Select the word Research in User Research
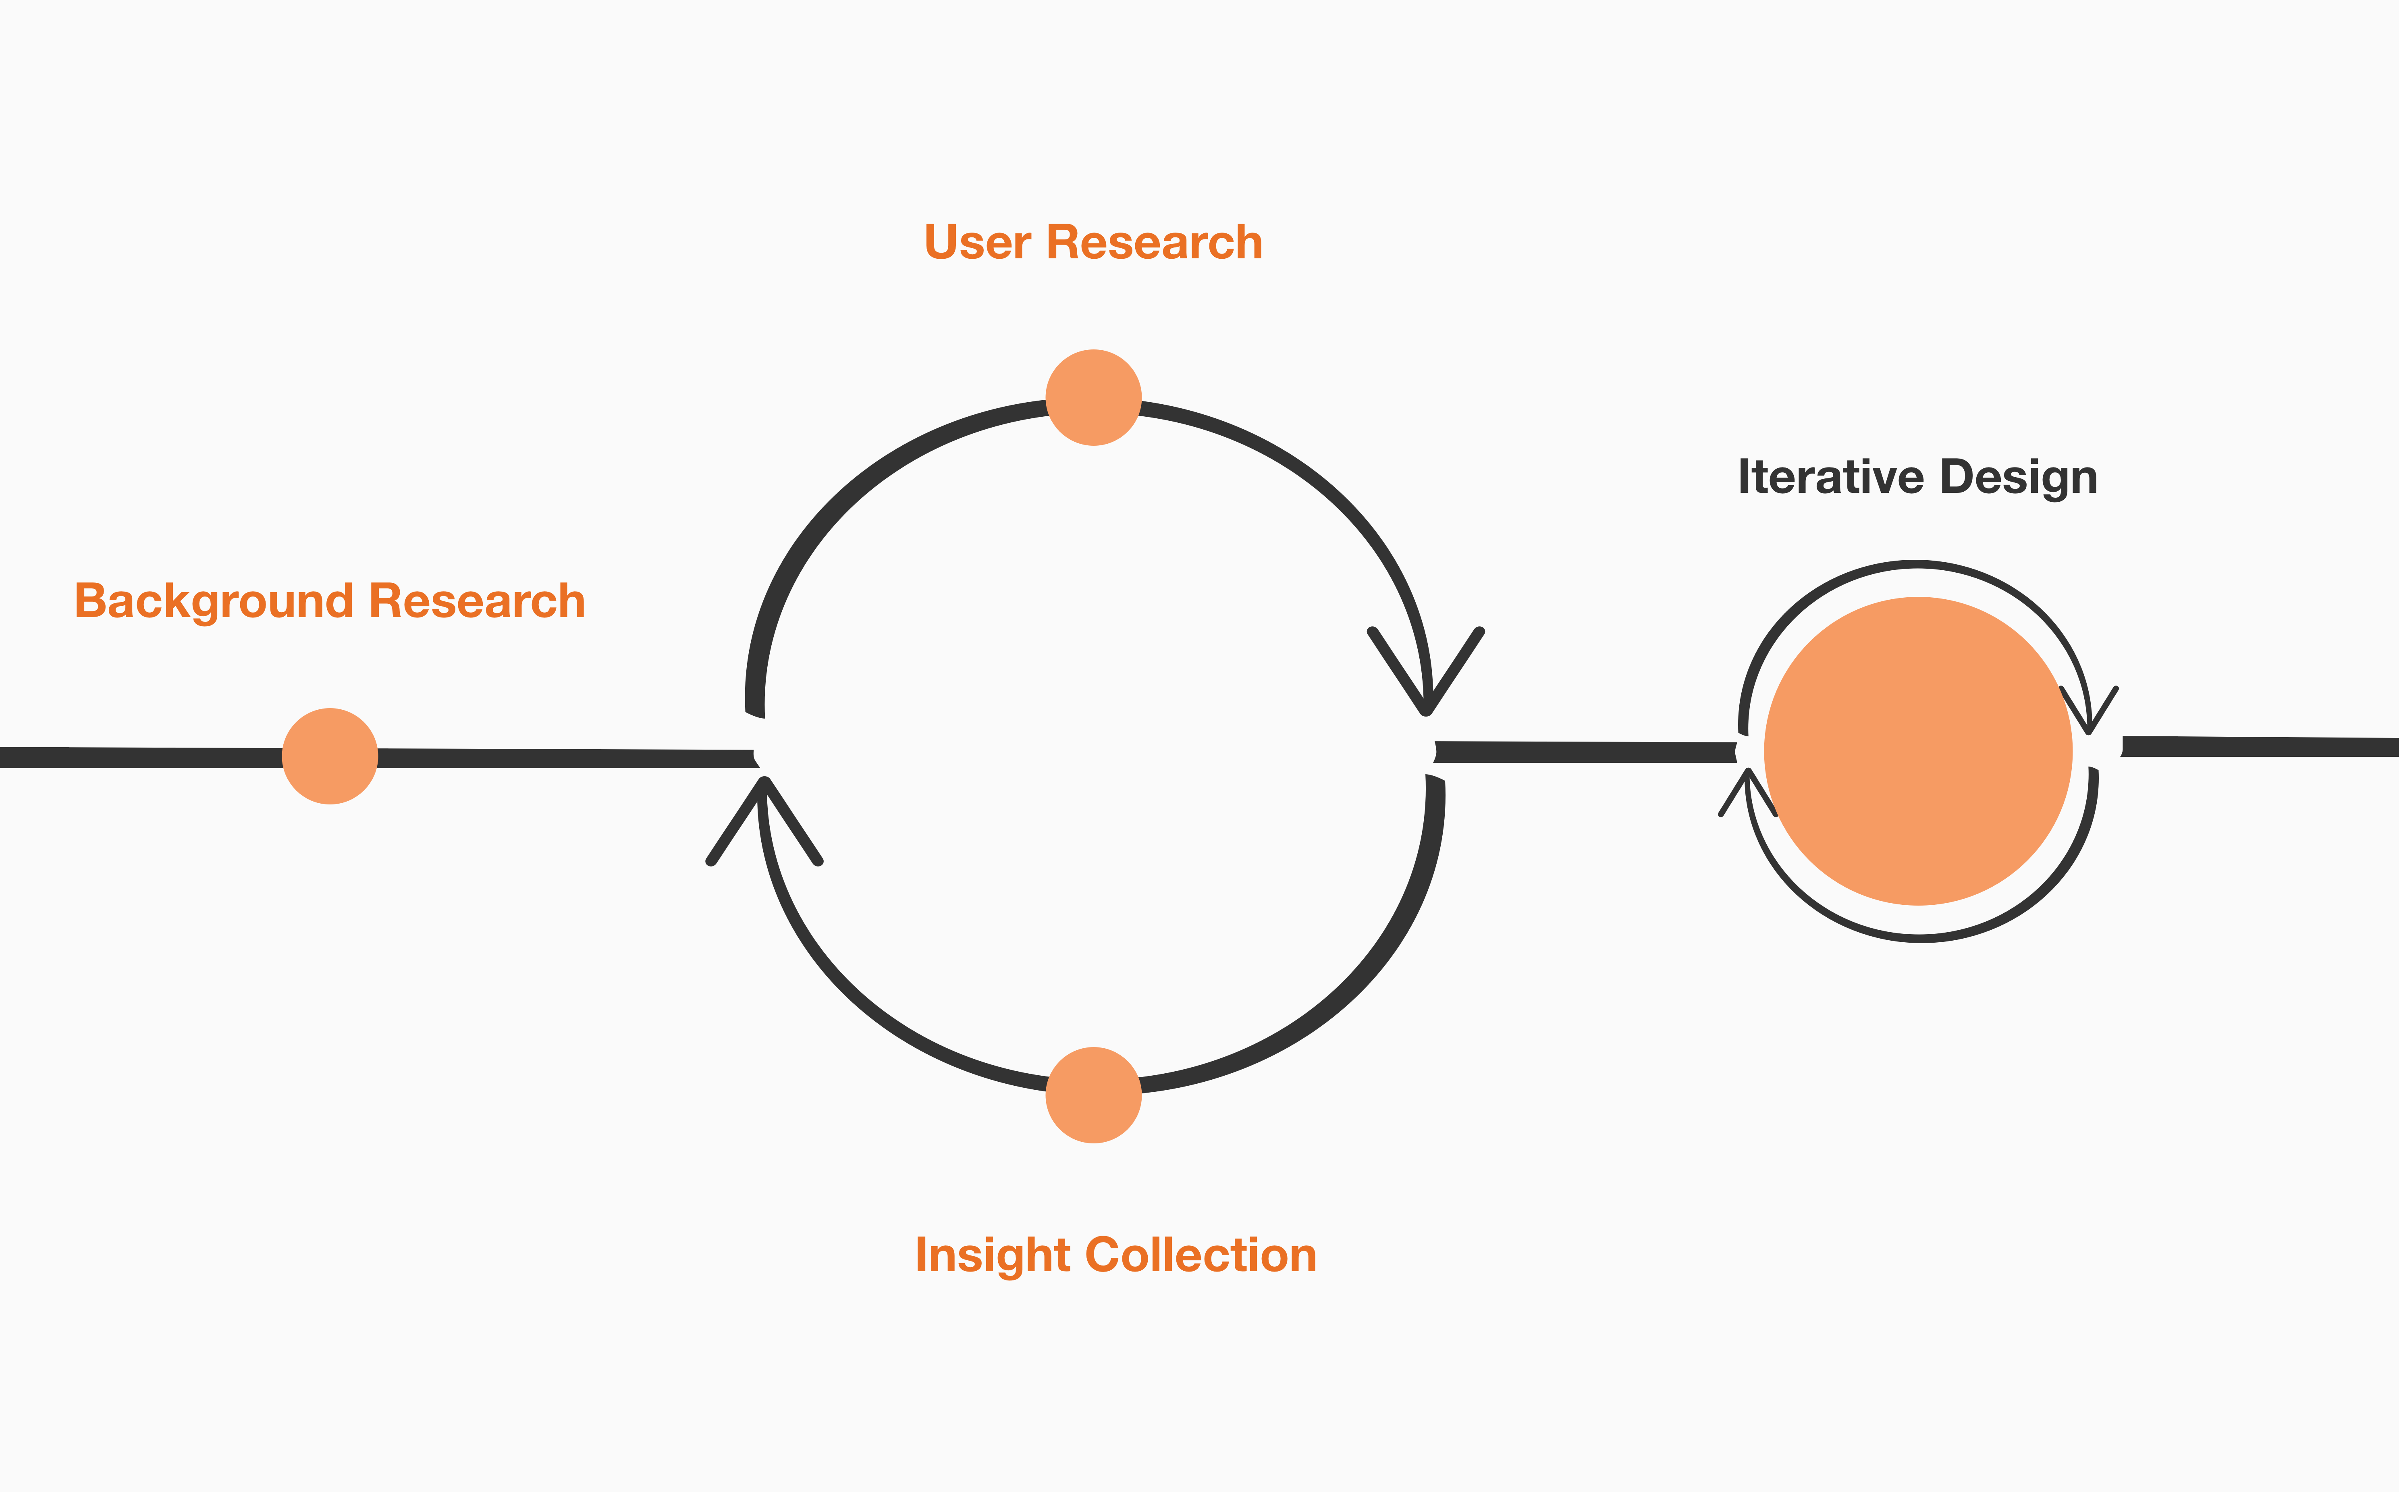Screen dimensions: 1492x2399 pos(1154,243)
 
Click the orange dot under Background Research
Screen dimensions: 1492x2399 pos(330,756)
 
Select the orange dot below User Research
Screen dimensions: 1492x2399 pos(1093,398)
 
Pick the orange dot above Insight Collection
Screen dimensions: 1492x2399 pos(1093,1095)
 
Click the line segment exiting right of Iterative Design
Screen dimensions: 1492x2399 pos(2259,747)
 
